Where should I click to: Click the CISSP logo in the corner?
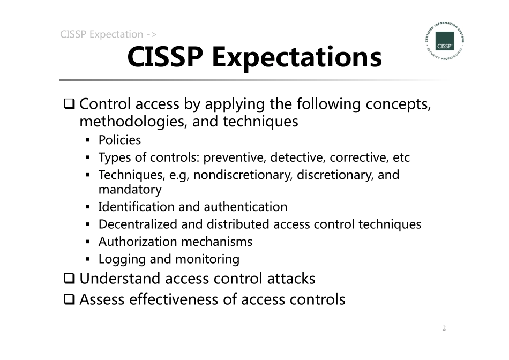[444, 41]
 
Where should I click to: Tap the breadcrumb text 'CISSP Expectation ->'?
[108, 35]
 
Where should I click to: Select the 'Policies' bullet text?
[119, 140]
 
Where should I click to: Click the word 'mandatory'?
[130, 190]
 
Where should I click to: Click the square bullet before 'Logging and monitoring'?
[88, 259]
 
